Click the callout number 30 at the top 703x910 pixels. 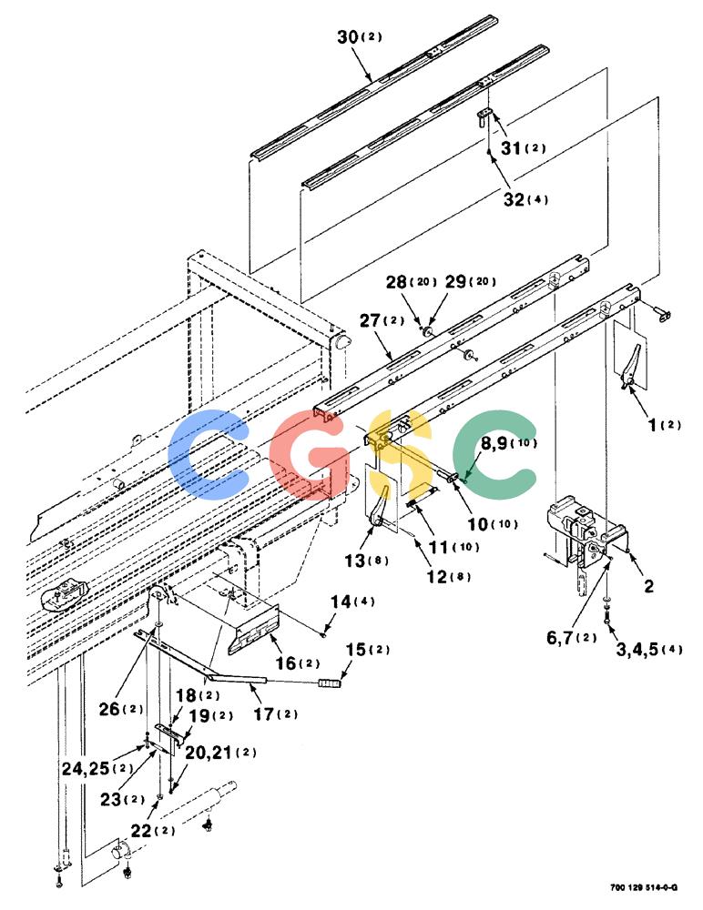click(348, 36)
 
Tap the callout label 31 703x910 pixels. click(511, 148)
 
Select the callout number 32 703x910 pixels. click(514, 199)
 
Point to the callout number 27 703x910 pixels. click(370, 320)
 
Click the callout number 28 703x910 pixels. click(396, 282)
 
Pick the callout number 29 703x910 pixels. click(455, 281)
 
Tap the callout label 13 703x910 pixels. click(354, 561)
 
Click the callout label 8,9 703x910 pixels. click(494, 444)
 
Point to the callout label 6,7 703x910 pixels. click(560, 637)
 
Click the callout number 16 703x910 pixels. click(286, 662)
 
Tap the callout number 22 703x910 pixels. click(141, 831)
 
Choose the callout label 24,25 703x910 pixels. click(86, 768)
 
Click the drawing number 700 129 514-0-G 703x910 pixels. click(644, 887)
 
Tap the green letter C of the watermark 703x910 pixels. click(495, 454)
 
